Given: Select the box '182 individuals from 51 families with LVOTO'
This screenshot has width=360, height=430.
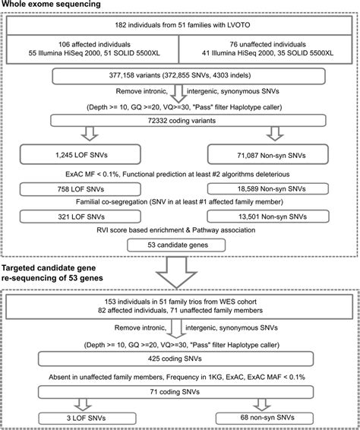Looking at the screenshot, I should click(x=180, y=27).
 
